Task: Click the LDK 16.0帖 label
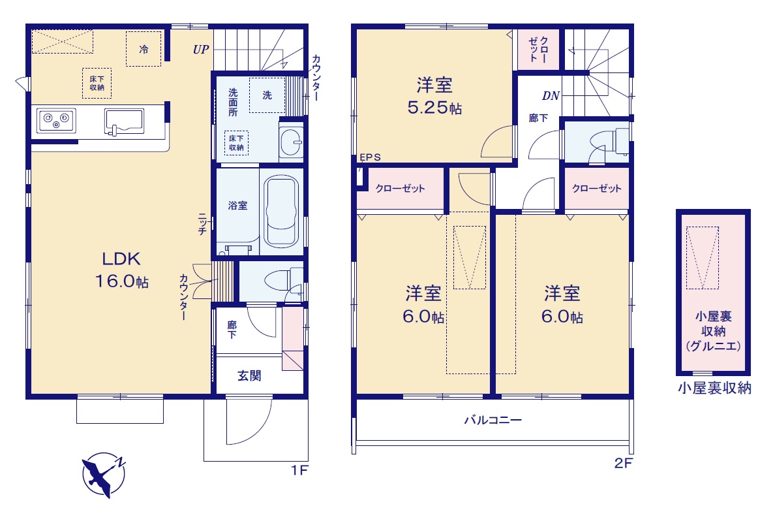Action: [121, 270]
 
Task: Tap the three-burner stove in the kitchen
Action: [56, 120]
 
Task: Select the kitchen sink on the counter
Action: [124, 121]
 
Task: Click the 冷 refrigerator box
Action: [144, 49]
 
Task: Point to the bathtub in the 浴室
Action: [281, 211]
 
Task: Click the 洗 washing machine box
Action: [267, 95]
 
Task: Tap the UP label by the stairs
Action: [201, 50]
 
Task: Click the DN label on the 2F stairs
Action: [551, 96]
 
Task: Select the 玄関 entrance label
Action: [249, 375]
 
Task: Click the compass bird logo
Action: [104, 475]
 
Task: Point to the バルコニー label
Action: [493, 420]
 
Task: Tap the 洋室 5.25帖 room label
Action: [434, 96]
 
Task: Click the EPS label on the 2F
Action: [370, 157]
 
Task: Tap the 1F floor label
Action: [299, 470]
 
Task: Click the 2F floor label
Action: [623, 463]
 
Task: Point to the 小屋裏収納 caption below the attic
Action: [714, 388]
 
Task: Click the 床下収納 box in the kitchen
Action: [97, 83]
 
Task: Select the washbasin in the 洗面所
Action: [292, 142]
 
